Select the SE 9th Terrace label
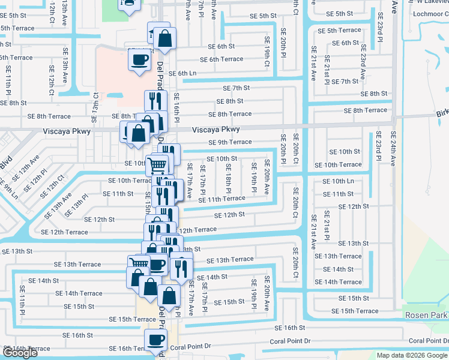click(x=230, y=142)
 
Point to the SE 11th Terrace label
click(x=221, y=199)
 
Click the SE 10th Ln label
click(x=338, y=181)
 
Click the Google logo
click(x=20, y=353)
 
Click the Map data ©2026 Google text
click(x=412, y=355)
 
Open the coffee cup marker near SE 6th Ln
click(x=140, y=60)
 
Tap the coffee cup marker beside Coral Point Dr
click(x=157, y=340)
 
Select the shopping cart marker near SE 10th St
click(x=157, y=164)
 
